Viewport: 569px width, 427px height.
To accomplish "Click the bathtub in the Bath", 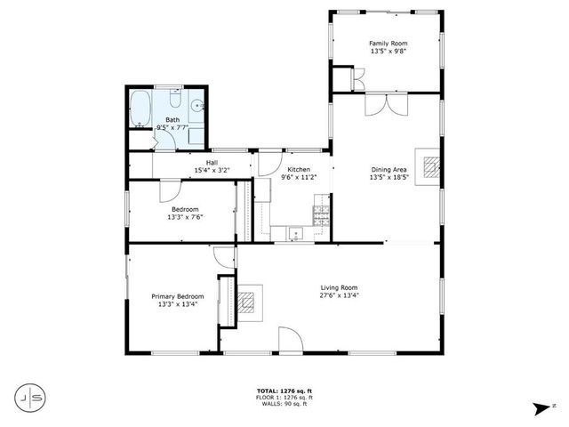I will (140, 109).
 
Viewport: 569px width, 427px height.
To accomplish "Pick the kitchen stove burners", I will (319, 213).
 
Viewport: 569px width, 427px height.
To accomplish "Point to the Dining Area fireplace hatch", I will (432, 166).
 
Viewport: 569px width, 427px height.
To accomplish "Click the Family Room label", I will (388, 43).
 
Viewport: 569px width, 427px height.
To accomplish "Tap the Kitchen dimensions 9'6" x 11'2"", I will (299, 177).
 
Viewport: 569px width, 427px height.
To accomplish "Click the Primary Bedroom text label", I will (178, 296).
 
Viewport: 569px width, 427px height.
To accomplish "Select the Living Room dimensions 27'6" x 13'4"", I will (339, 296).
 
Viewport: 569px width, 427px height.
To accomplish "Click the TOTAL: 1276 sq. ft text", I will (284, 391).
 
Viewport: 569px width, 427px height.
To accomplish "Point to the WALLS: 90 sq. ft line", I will (284, 405).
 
